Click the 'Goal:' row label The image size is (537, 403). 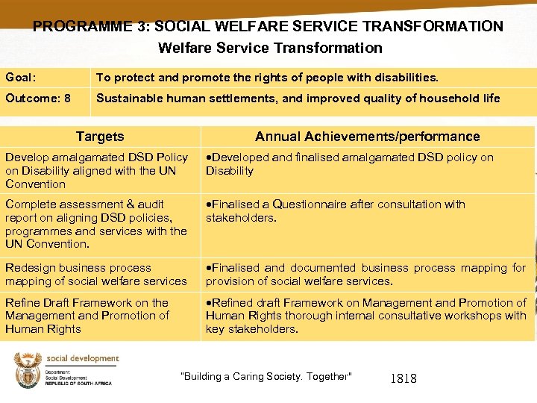pyautogui.click(x=20, y=78)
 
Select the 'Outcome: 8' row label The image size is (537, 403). pyautogui.click(x=38, y=99)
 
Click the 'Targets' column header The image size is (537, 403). pyautogui.click(x=100, y=137)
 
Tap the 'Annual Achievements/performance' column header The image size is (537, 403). pyautogui.click(x=367, y=137)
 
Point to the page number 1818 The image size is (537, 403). pyautogui.click(x=403, y=379)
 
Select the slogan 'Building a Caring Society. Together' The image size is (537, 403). pyautogui.click(x=266, y=377)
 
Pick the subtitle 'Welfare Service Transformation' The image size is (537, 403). pyautogui.click(x=270, y=49)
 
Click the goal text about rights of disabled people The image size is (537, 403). pyautogui.click(x=267, y=78)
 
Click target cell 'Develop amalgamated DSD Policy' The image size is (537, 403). pyautogui.click(x=96, y=171)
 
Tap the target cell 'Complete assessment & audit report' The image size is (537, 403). pyautogui.click(x=96, y=224)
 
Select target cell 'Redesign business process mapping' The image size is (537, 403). pyautogui.click(x=96, y=275)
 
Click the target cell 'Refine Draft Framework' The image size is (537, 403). pyautogui.click(x=87, y=316)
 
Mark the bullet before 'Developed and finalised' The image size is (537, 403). pyautogui.click(x=208, y=158)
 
